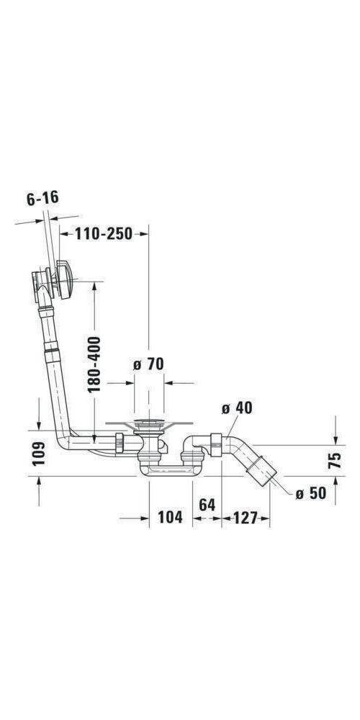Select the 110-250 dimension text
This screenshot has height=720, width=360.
pyautogui.click(x=104, y=235)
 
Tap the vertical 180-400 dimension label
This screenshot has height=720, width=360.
pyautogui.click(x=94, y=364)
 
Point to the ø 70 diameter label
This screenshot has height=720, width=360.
pyautogui.click(x=148, y=364)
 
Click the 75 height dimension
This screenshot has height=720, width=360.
pyautogui.click(x=336, y=461)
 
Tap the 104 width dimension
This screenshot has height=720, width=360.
pyautogui.click(x=170, y=517)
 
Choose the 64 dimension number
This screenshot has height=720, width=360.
pyautogui.click(x=207, y=505)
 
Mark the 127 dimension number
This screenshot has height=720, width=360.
pyautogui.click(x=245, y=517)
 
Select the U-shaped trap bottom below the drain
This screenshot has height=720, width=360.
pyautogui.click(x=170, y=472)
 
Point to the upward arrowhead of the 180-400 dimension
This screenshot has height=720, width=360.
pyautogui.click(x=94, y=287)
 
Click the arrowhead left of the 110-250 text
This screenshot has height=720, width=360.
pyautogui.click(x=63, y=235)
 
